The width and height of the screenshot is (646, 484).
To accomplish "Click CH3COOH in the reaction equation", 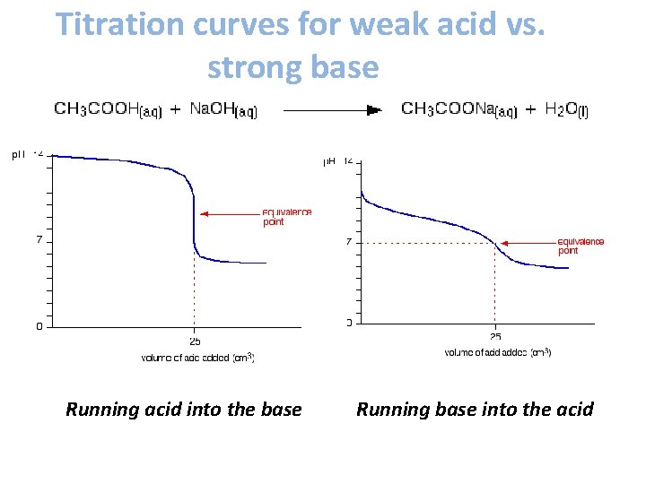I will (x=108, y=109).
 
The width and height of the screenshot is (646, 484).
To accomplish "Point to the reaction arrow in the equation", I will (x=333, y=109).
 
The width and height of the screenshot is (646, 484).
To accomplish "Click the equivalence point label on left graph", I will (x=286, y=217).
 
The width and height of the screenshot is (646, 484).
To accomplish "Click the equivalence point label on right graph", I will (x=581, y=246).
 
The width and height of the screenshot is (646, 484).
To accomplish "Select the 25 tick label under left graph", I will (x=194, y=341).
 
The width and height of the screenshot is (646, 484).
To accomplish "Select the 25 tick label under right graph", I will (x=495, y=337).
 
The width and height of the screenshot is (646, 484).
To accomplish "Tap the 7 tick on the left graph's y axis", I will (x=39, y=240).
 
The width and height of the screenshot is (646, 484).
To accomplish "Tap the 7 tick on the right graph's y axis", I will (x=348, y=242).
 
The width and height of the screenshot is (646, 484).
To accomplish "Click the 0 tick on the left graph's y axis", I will (x=39, y=326).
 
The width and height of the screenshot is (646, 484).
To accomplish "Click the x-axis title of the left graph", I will (x=197, y=358).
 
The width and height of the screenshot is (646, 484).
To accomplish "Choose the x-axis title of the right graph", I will (x=498, y=352).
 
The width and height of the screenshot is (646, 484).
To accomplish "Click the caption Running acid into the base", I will (x=184, y=410).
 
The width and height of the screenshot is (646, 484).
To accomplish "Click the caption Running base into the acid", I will (x=475, y=410).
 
